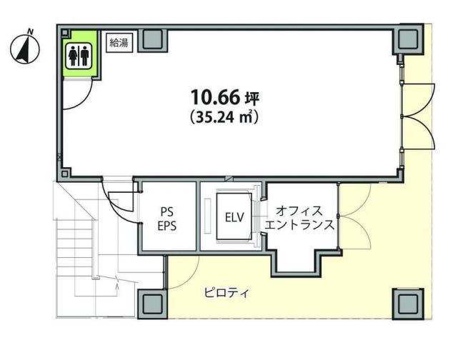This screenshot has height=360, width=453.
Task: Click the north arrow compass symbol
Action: coord(24,49)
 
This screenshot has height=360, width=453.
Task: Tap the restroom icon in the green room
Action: coord(79,56)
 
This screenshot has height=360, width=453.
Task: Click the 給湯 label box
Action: coord(119,43)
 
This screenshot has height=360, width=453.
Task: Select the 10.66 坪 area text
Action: coord(224,97)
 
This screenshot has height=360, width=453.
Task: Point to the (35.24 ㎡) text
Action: coord(224,117)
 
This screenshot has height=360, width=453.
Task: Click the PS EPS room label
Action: coord(167,219)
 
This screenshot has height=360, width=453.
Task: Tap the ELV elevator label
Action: coord(234,218)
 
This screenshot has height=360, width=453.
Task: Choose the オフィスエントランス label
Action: coord(299,218)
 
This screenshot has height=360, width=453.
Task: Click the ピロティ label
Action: coord(226,293)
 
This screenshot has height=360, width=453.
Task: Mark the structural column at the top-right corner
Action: coord(408,39)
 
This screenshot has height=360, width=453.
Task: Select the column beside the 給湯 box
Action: coord(152,40)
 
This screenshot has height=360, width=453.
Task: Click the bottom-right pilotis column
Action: coord(408,304)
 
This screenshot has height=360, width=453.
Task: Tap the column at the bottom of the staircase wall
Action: coord(152,304)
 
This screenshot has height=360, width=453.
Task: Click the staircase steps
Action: coord(74,248)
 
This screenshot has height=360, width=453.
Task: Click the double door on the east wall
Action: coord(418,116)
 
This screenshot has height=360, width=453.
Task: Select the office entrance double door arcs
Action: coord(354,216)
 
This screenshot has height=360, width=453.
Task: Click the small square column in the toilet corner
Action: coord(65,32)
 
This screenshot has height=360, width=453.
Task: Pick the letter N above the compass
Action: coord(30,31)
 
